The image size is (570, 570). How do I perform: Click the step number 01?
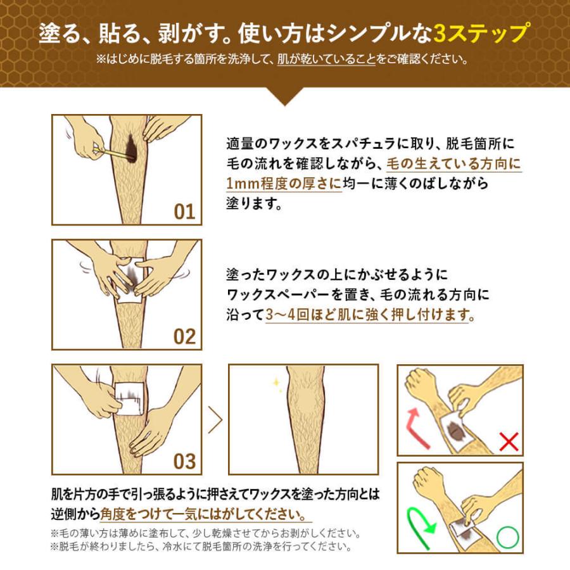(184, 212)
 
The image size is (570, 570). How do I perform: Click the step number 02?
(184, 336)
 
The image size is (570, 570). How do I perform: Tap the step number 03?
(184, 460)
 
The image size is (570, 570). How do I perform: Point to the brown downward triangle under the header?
(285, 96)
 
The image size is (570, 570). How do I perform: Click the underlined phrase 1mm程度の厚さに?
(283, 184)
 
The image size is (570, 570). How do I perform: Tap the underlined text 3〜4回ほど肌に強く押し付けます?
(367, 315)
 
